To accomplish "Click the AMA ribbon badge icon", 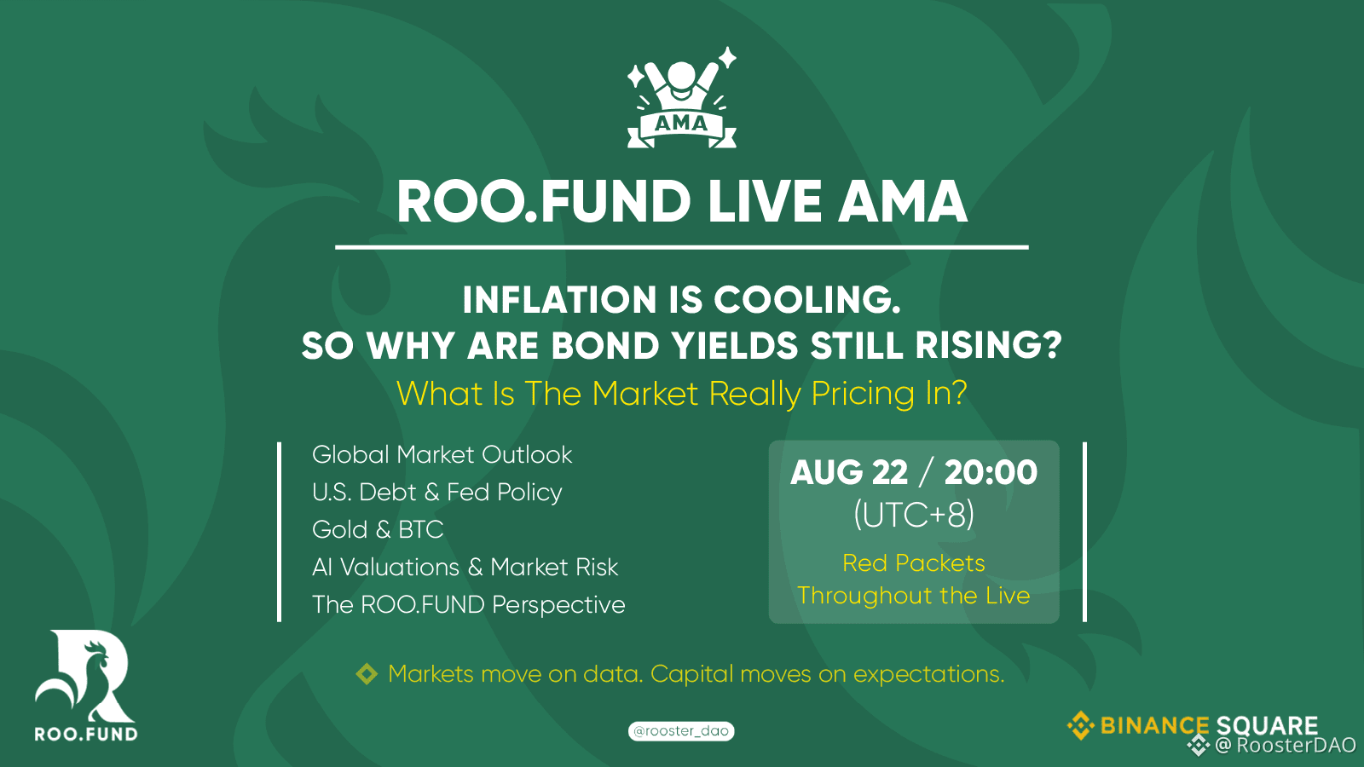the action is coord(681,98).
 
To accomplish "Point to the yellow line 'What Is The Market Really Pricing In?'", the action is coord(681,393).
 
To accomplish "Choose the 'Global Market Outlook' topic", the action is coord(442,455).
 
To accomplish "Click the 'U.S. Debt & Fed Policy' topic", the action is coord(436,492).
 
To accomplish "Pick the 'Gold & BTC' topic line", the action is coord(378,529).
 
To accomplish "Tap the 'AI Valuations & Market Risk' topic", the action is coord(465,568).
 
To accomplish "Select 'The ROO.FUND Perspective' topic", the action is coord(468,604).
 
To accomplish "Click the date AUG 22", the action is coord(849,472).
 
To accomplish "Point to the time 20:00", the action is coord(991,472).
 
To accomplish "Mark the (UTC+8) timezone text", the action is coord(913,515).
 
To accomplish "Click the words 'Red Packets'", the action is coord(913,563).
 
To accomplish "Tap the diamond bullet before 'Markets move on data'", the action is coord(367,674).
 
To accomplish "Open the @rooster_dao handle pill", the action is coord(681,731).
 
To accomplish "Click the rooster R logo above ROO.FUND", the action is coord(84,677).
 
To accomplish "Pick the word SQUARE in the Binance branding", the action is coord(1267,725).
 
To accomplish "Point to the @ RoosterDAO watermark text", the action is coord(1286,745).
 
